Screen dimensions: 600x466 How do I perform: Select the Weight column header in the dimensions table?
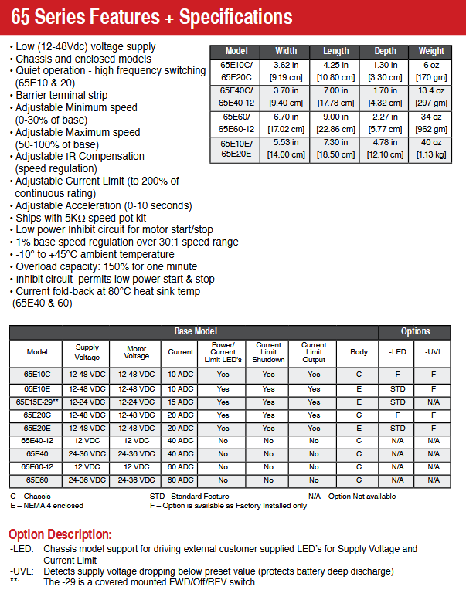click(x=431, y=51)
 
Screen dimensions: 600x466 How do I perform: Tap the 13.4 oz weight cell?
click(x=431, y=96)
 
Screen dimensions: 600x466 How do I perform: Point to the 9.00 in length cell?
click(x=335, y=124)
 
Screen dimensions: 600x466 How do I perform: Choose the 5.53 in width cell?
click(x=286, y=149)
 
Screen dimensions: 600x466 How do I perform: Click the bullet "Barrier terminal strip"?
click(x=61, y=95)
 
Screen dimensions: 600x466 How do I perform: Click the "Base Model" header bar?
click(x=194, y=331)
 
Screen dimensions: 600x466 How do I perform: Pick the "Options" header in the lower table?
click(x=415, y=331)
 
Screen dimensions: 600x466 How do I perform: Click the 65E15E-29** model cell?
click(x=37, y=402)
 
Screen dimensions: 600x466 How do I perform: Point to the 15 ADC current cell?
click(x=181, y=402)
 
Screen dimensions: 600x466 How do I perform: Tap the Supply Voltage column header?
click(x=87, y=352)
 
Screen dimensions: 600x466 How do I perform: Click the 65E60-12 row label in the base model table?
click(x=37, y=467)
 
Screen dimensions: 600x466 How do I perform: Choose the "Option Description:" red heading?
click(x=60, y=534)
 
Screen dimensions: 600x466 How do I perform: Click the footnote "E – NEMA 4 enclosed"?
click(x=46, y=505)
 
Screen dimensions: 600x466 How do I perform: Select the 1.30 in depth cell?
click(x=384, y=70)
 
